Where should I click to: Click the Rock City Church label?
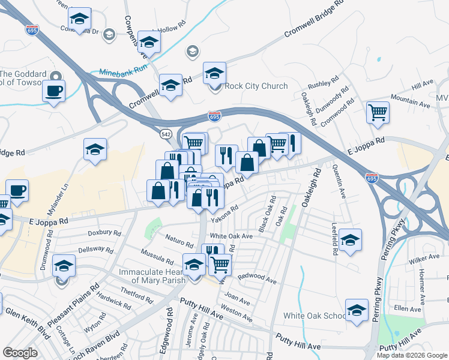pos(256,86)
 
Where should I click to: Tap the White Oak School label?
pos(315,316)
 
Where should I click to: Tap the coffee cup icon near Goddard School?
pos(53,91)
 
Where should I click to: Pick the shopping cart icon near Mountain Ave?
pos(378,112)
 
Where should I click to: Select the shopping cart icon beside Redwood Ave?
pos(220,263)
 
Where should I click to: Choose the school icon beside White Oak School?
pos(357,311)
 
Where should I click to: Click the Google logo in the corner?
pos(20,353)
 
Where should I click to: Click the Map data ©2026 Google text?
pos(412,355)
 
